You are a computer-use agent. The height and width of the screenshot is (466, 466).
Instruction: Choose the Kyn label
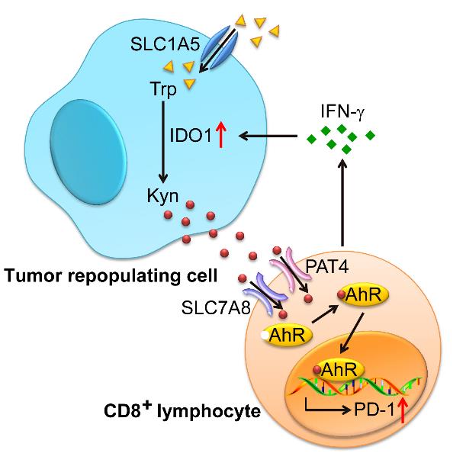(x=162, y=198)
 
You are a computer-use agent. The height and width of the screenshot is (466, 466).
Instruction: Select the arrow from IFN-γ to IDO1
(x=267, y=137)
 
